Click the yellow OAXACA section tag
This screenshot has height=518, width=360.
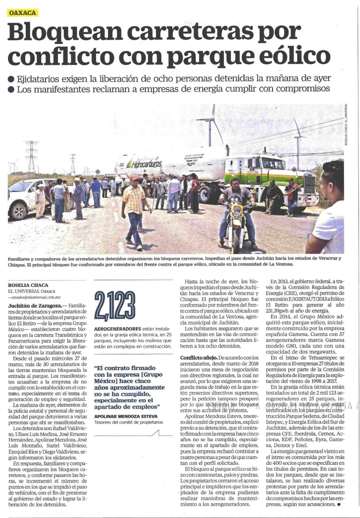23,13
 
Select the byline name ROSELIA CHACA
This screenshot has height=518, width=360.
28,285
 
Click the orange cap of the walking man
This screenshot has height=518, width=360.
134,178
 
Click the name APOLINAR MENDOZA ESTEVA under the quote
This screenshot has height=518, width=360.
126,416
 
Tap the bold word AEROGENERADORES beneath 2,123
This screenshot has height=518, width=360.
117,328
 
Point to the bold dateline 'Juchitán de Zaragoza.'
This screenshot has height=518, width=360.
33,305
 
